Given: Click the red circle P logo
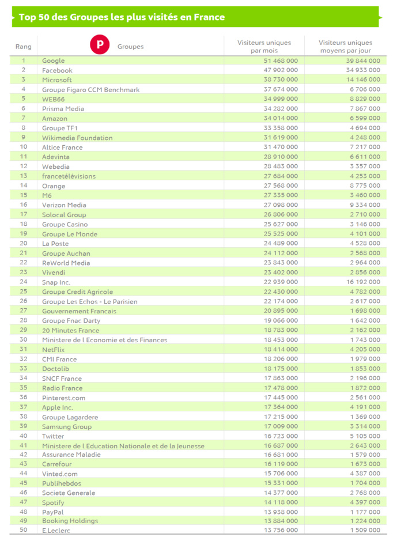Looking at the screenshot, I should coord(100,44).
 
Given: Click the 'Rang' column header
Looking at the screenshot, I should coord(24,47).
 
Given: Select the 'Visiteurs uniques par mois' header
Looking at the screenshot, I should coord(264,47).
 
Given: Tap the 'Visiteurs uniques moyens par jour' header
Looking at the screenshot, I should coord(346,47).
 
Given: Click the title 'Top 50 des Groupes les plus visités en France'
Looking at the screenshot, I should coord(122,17).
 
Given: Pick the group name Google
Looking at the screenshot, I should coord(54,60).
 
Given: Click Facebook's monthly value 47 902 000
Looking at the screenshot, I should coord(280,70).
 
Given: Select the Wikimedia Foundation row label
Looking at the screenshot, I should coord(77,138).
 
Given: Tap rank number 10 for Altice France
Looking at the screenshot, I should coord(24,147).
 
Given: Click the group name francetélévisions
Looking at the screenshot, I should coord(69,176).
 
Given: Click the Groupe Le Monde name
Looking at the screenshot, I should coord(70,234).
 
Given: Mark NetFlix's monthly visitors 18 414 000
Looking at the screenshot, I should coord(280,350).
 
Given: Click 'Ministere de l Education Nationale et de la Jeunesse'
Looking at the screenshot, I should coord(123,446).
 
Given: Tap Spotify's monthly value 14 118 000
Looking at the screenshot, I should coord(280,502).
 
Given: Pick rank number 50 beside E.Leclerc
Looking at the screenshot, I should coord(24,531).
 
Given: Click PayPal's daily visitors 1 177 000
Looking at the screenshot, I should coord(364,512).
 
